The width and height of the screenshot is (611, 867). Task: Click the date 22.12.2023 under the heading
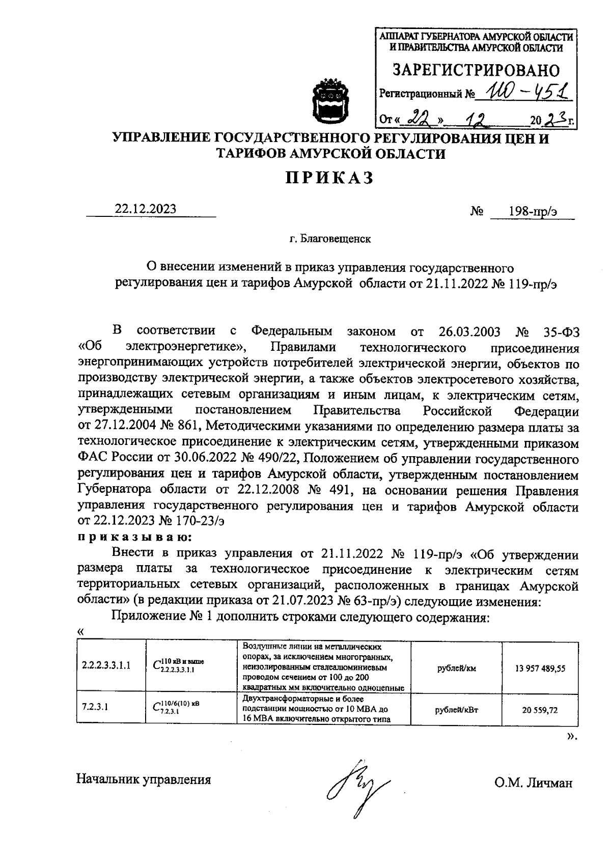click(146, 209)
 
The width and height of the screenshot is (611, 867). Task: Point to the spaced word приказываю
click(134, 538)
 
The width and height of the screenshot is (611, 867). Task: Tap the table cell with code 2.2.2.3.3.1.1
click(106, 665)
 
